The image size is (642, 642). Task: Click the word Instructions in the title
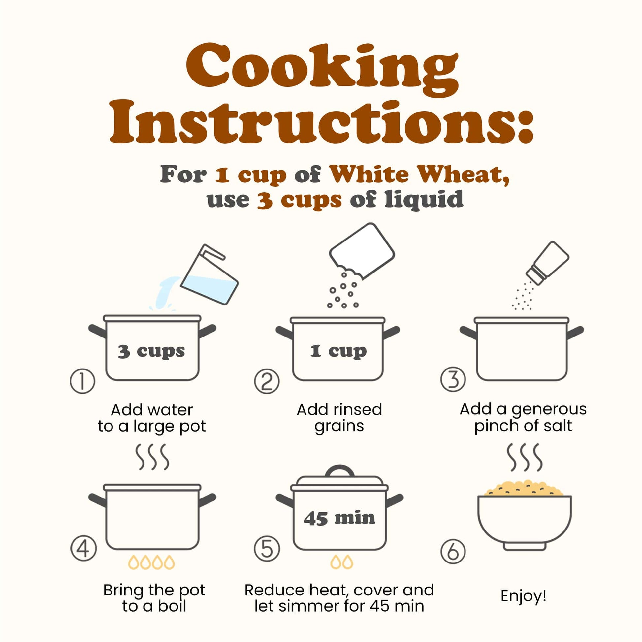coord(321,122)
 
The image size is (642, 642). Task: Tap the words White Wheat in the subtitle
coord(419,174)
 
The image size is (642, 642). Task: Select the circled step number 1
coord(82,381)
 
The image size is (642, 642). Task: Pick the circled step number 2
coord(267,381)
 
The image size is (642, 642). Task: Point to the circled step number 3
coord(453,379)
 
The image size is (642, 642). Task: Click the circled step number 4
coord(83,549)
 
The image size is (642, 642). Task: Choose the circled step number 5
coord(267,549)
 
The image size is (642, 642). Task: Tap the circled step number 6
coord(453,551)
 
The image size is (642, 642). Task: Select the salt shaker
coord(547,263)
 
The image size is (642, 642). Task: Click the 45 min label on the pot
coord(339,518)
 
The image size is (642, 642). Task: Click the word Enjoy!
coord(523,596)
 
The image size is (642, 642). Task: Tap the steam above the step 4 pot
coord(152,457)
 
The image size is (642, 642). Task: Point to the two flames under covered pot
coord(341,562)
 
